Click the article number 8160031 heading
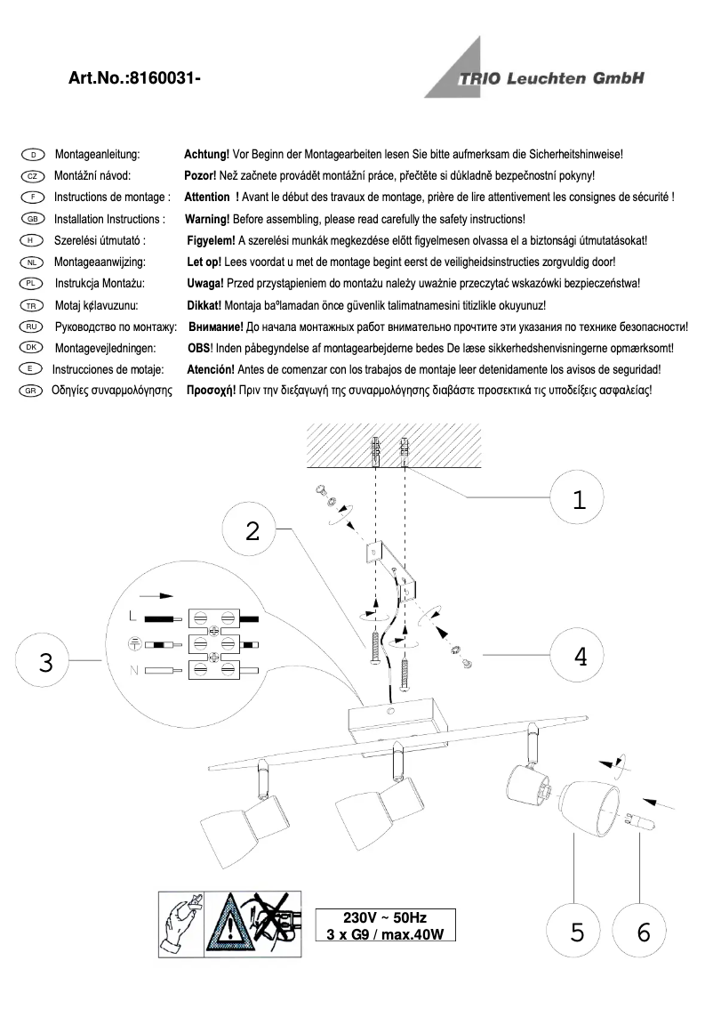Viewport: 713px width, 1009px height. pyautogui.click(x=134, y=78)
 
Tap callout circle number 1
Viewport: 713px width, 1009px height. pyautogui.click(x=579, y=500)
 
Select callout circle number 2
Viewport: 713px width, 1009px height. pyautogui.click(x=252, y=531)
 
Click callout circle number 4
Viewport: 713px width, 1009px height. pyautogui.click(x=580, y=657)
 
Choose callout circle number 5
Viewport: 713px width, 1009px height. pyautogui.click(x=578, y=932)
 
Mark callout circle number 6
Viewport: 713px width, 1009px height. pyautogui.click(x=645, y=932)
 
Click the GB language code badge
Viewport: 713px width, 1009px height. pyautogui.click(x=32, y=219)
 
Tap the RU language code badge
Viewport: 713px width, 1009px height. pyautogui.click(x=31, y=327)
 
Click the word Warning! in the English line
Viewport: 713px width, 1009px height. pyautogui.click(x=207, y=219)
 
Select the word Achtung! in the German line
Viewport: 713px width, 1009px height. pyautogui.click(x=206, y=155)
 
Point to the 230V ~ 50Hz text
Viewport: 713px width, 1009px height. pyautogui.click(x=385, y=917)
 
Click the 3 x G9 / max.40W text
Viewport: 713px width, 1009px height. pyautogui.click(x=385, y=934)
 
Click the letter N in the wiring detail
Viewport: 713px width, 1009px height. pyautogui.click(x=133, y=670)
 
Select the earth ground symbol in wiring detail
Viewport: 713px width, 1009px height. pyautogui.click(x=133, y=643)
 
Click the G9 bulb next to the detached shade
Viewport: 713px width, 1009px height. pyautogui.click(x=643, y=821)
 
